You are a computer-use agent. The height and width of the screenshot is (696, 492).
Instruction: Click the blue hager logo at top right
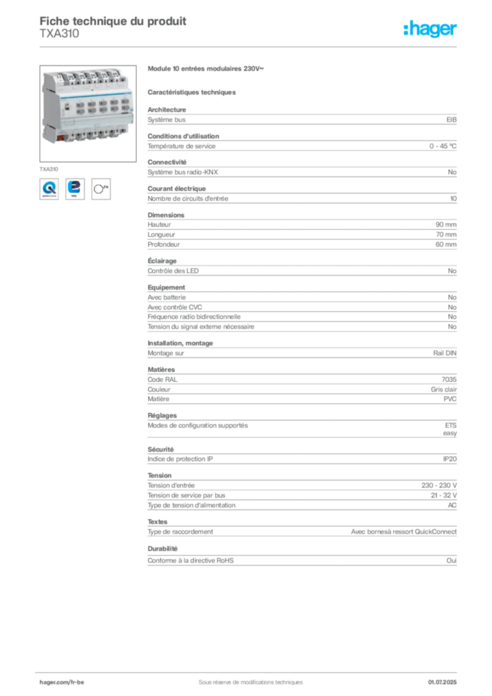[431, 29]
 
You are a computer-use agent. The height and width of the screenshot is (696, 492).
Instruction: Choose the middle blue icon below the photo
[75, 188]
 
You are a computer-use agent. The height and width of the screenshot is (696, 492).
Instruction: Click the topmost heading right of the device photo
[205, 69]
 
